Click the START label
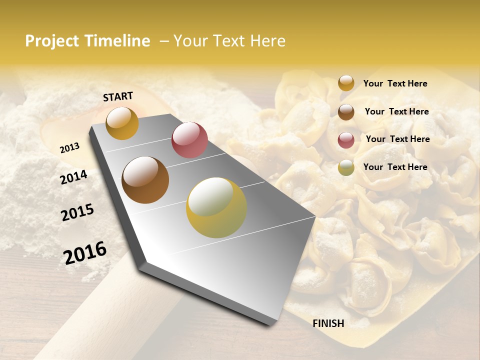point(118,96)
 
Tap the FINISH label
point(328,323)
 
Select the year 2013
point(69,147)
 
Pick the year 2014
point(73,177)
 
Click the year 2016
point(85,252)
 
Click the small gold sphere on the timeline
point(122,123)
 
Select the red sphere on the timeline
point(189,140)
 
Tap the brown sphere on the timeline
point(145,179)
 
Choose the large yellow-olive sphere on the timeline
point(216,207)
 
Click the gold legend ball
point(346,83)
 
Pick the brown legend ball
point(346,112)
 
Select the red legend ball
point(346,140)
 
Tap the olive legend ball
point(346,167)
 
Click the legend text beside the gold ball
point(395,84)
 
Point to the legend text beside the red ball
point(397,139)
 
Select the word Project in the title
point(52,41)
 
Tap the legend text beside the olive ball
point(395,167)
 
